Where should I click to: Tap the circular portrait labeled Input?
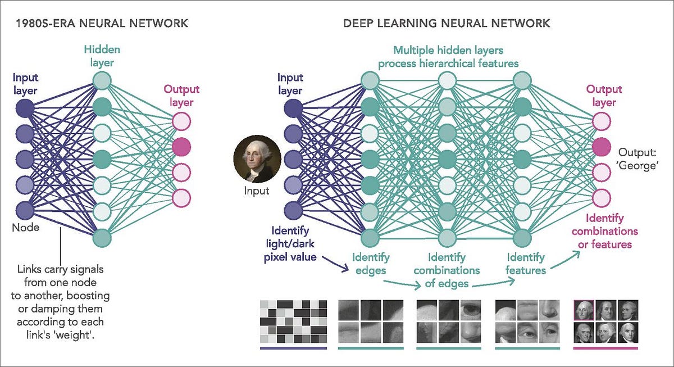pyautogui.click(x=257, y=159)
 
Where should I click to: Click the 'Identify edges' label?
pyautogui.click(x=371, y=264)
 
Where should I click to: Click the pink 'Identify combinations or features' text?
pyautogui.click(x=605, y=231)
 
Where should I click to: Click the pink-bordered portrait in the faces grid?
pyautogui.click(x=584, y=310)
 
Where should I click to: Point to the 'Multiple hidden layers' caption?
pyautogui.click(x=448, y=51)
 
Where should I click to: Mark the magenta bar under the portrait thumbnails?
pyautogui.click(x=605, y=348)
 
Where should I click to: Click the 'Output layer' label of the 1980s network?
pyautogui.click(x=181, y=96)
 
